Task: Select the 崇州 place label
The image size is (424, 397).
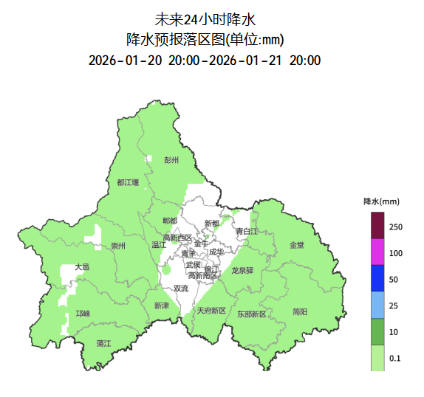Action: pos(118,246)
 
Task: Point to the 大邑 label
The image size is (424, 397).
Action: pos(81,267)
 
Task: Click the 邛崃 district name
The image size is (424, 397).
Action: pos(83,314)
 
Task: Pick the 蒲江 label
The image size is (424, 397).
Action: pos(103,343)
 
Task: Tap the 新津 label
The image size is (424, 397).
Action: pos(162,305)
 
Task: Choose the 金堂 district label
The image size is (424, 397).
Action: pos(296,244)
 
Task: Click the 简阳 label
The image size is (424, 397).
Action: pos(300,311)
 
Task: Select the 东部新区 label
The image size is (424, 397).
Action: pos(251,314)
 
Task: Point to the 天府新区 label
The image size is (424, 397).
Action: pos(211,311)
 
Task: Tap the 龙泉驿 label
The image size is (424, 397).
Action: pos(242,271)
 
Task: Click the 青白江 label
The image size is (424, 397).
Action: pos(247,232)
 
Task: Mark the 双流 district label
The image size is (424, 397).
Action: pos(181,289)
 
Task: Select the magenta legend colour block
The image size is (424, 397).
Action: pos(377,252)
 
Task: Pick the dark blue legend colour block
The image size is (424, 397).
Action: pos(377,278)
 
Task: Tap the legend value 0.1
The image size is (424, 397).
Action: pos(395,359)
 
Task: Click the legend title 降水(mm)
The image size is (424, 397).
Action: pos(381,201)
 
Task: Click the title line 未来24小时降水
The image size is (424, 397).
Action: pos(206,18)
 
